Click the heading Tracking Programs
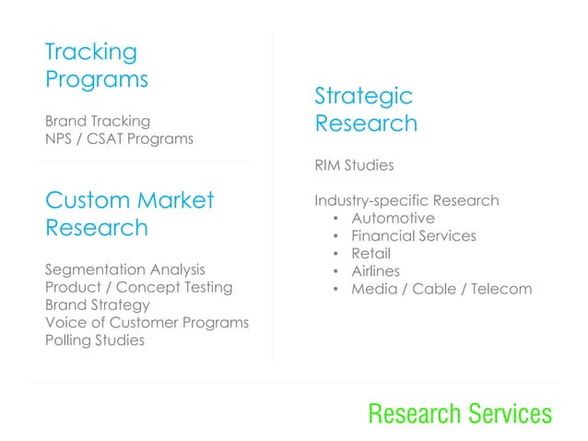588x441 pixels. click(96, 65)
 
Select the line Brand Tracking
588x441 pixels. click(98, 121)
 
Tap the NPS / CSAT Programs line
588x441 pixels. click(119, 139)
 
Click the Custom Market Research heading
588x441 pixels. click(128, 214)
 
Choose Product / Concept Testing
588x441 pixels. click(138, 288)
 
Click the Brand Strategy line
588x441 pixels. click(97, 304)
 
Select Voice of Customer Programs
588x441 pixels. click(147, 322)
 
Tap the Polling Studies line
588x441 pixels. click(94, 340)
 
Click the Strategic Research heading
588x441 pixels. click(365, 109)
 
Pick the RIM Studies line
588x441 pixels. click(354, 166)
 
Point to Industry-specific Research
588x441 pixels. click(406, 201)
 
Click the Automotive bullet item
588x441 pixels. click(393, 219)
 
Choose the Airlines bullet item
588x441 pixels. click(375, 271)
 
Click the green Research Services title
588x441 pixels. click(460, 414)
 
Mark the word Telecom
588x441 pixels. click(502, 289)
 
